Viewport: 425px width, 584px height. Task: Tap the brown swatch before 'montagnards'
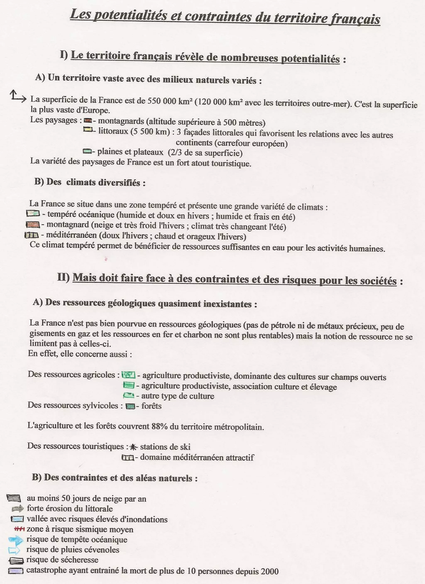point(88,120)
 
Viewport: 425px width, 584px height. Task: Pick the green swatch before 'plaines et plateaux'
point(87,151)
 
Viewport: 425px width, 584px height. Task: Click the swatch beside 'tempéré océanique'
point(33,213)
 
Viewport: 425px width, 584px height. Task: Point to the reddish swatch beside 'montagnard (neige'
point(33,225)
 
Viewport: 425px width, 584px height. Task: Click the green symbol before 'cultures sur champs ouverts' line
point(128,375)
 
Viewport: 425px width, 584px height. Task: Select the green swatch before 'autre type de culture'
point(128,395)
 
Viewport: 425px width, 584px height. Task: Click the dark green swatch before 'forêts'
point(130,406)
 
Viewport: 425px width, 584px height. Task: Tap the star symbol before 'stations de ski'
point(133,447)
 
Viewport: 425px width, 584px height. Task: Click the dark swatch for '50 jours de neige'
point(14,498)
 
